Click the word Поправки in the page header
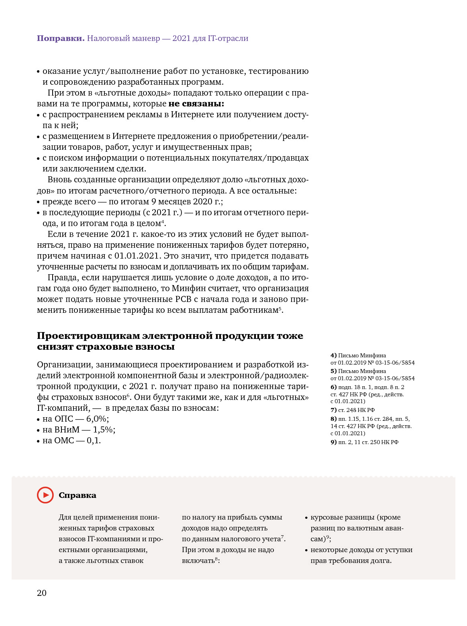(61, 39)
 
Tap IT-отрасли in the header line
(228, 39)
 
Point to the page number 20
(42, 593)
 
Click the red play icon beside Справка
(45, 495)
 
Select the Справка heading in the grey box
(77, 495)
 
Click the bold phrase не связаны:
(196, 104)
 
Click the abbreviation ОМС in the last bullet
(64, 440)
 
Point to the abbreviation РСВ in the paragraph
(186, 299)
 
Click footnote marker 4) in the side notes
(333, 355)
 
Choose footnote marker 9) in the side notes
(333, 442)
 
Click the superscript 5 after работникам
(280, 308)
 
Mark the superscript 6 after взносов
(128, 395)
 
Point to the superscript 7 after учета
(282, 537)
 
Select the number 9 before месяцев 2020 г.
(153, 202)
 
